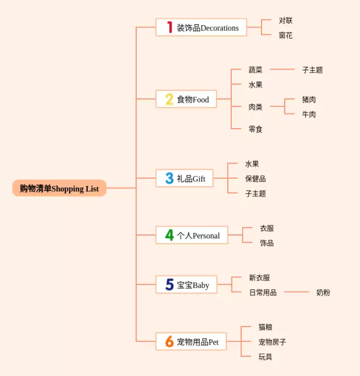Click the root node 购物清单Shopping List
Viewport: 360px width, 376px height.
59,188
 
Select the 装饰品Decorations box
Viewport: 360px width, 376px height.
201,27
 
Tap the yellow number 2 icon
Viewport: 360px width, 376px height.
169,99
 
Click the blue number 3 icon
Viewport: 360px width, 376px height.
169,178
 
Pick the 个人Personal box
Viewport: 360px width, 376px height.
191,235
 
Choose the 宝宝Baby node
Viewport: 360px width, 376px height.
186,285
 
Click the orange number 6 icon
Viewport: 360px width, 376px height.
169,341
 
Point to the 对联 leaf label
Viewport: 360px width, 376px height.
285,21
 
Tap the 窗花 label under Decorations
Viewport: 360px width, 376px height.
285,35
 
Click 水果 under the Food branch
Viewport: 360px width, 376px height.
255,85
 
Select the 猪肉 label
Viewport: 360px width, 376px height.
309,99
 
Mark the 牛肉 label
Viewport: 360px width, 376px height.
309,115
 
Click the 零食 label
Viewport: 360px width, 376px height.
255,129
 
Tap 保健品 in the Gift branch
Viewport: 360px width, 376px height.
255,179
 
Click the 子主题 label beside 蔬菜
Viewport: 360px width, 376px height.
312,70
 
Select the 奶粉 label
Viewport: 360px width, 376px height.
323,292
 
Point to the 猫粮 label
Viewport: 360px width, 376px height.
265,327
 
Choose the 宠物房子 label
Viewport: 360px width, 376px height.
272,342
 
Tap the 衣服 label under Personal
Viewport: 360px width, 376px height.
267,228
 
